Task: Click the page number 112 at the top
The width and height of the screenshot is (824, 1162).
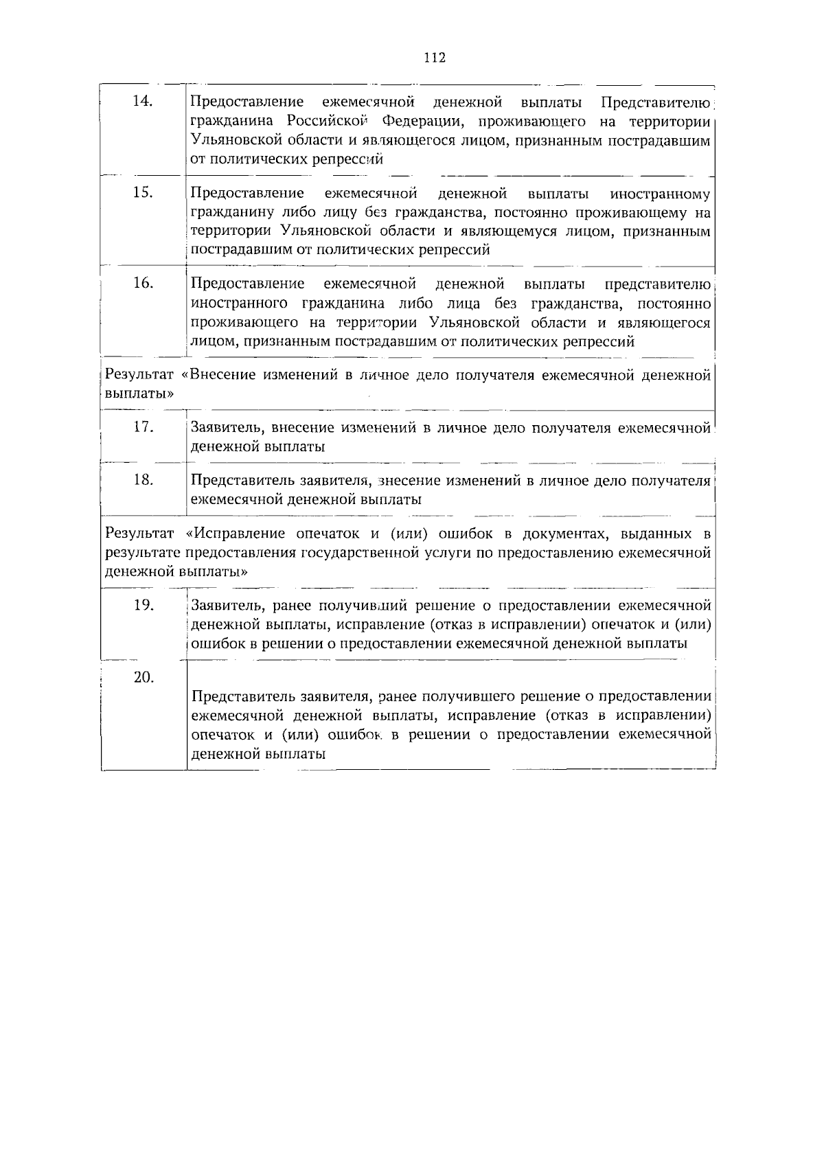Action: tap(435, 58)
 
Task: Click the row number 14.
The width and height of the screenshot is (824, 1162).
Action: tap(142, 102)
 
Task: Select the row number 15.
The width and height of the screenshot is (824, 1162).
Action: tap(142, 192)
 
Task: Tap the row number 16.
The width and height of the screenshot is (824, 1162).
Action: tap(142, 283)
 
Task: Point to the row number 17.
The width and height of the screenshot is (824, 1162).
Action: tap(142, 427)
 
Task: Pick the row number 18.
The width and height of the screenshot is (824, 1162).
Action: tap(142, 480)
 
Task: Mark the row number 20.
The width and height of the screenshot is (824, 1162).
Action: tap(142, 677)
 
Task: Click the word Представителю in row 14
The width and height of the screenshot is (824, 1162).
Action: tap(655, 103)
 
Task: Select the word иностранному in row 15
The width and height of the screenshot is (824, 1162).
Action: tap(660, 194)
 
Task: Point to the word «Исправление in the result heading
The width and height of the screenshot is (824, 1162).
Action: tap(236, 534)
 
